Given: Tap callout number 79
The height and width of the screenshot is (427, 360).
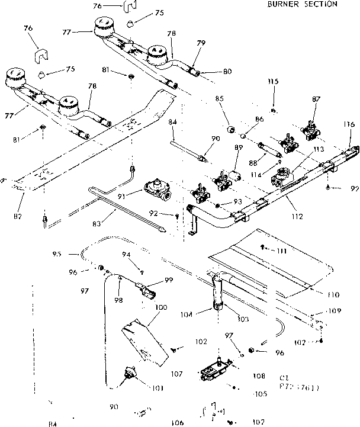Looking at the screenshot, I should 201,43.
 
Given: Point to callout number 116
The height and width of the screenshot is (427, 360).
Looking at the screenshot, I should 349,125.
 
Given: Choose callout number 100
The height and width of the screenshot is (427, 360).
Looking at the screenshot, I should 160,308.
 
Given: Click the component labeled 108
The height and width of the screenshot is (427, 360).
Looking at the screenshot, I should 215,369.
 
